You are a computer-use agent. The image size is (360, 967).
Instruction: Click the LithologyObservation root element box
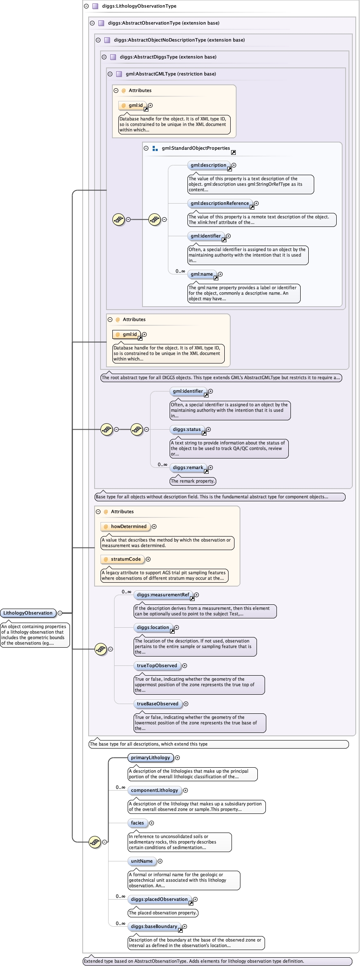click(28, 613)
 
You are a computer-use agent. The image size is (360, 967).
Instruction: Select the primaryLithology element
click(150, 757)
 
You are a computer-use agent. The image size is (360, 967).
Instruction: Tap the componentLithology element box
click(154, 790)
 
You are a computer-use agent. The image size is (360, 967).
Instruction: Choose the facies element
click(137, 823)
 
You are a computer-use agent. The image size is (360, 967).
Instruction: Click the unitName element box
click(142, 861)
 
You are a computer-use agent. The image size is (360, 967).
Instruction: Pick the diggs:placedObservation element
click(159, 899)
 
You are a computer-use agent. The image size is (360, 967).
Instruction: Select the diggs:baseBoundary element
click(154, 926)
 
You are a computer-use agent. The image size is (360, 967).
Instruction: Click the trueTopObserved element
click(157, 665)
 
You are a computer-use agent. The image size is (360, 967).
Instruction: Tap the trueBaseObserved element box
click(157, 704)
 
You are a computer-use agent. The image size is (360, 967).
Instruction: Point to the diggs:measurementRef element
click(163, 595)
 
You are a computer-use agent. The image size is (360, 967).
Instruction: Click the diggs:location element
click(153, 627)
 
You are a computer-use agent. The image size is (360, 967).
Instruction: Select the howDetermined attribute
click(128, 526)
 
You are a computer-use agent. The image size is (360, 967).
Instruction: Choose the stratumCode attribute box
click(126, 559)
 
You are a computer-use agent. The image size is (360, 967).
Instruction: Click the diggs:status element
click(187, 429)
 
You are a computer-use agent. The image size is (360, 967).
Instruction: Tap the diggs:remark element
click(188, 467)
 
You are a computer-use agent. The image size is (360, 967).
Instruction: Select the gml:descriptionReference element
click(220, 203)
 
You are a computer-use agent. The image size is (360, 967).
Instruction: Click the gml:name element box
click(202, 274)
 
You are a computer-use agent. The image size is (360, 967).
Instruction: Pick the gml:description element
click(208, 165)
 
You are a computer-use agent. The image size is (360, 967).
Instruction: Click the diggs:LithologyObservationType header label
click(139, 6)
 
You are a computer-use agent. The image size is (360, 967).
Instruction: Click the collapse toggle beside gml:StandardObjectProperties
click(146, 148)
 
